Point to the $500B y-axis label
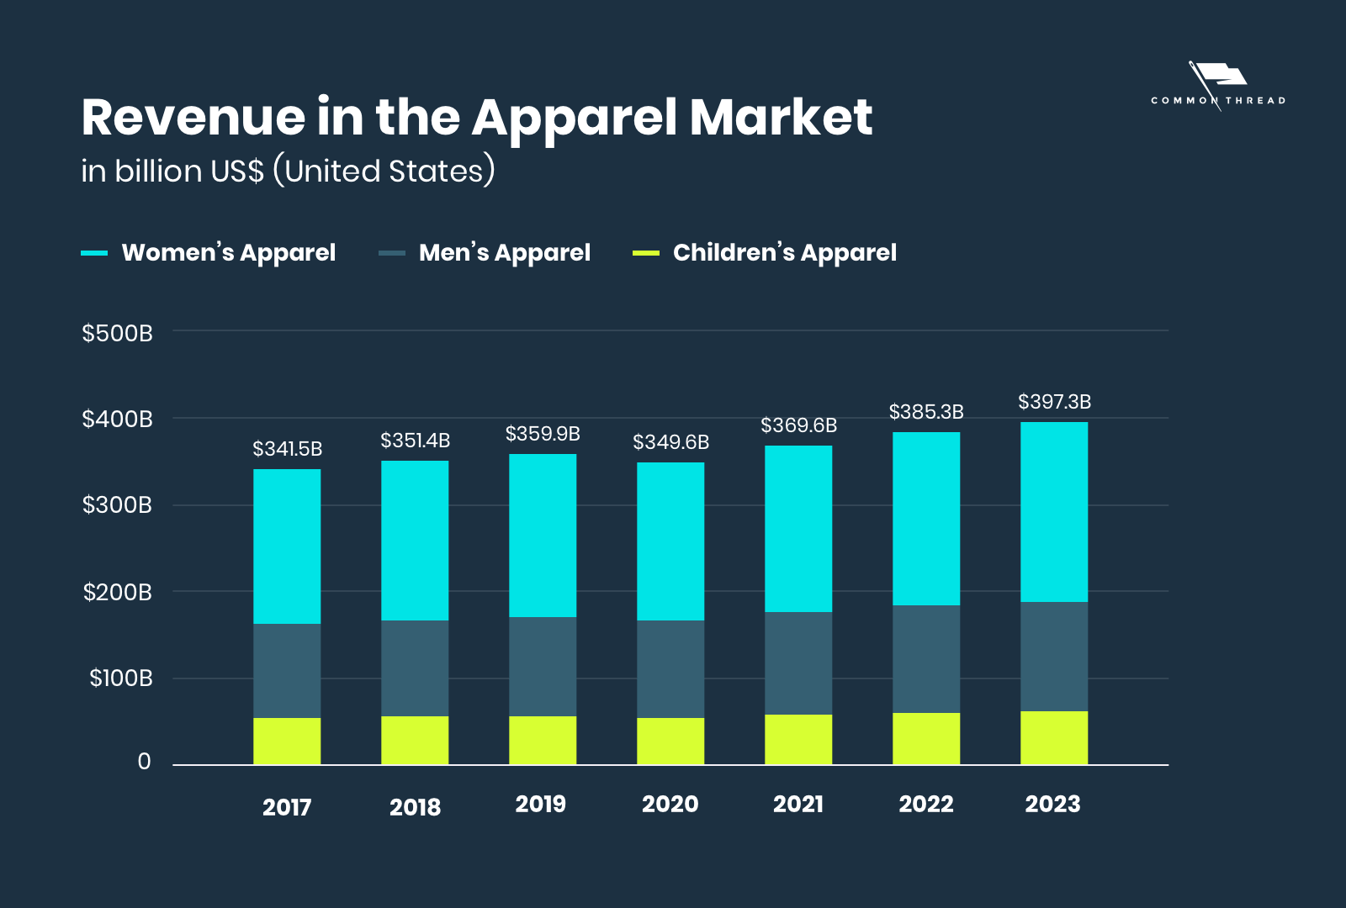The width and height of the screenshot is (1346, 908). click(x=117, y=333)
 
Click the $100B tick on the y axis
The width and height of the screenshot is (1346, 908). click(x=121, y=678)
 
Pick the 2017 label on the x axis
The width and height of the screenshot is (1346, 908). click(x=287, y=807)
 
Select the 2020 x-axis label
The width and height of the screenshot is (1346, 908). click(x=670, y=804)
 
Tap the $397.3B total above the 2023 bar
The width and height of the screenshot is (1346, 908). click(x=1054, y=402)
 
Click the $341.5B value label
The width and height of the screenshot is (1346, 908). click(x=287, y=449)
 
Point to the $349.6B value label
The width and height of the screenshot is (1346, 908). click(x=670, y=442)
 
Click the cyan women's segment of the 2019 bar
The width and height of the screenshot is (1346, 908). click(x=543, y=536)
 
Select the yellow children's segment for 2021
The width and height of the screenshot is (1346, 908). click(x=798, y=740)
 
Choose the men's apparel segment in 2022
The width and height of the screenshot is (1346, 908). click(x=926, y=659)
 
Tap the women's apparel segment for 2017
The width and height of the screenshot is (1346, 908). click(x=287, y=546)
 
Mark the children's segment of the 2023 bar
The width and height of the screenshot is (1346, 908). click(x=1054, y=738)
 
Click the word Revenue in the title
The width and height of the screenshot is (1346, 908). click(x=193, y=117)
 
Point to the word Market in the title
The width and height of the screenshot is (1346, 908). click(x=781, y=117)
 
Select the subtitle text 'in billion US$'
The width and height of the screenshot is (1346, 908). click(x=172, y=172)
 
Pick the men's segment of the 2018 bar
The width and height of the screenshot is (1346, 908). click(x=415, y=668)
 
